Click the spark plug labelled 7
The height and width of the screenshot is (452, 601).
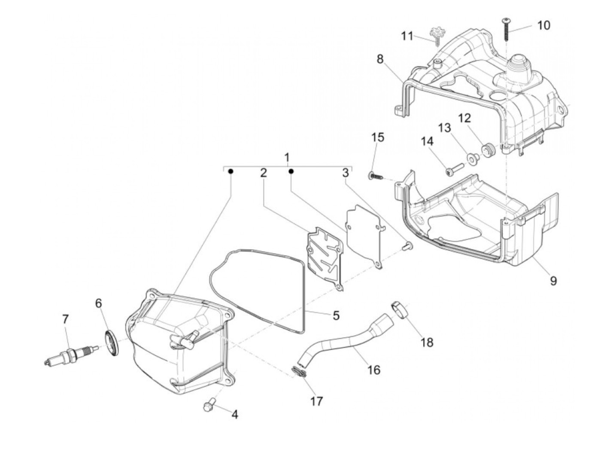point(71,355)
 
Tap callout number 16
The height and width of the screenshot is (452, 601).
point(374,370)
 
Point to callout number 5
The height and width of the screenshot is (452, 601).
point(336,315)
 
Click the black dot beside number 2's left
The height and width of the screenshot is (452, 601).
point(231,171)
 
